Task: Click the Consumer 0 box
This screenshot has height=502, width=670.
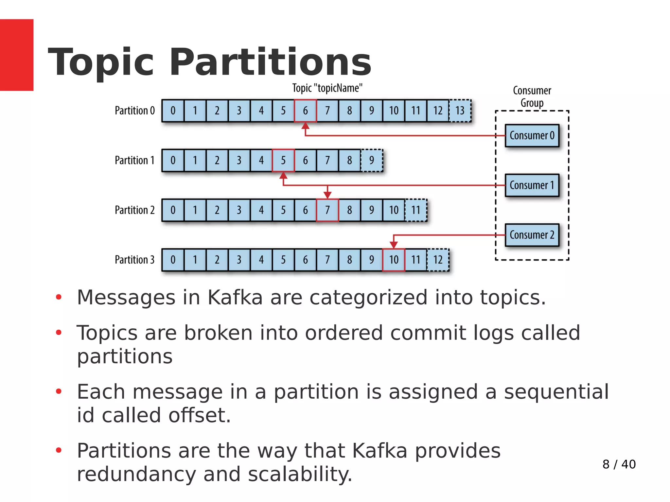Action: coord(532,135)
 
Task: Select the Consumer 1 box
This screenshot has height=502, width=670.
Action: coord(532,185)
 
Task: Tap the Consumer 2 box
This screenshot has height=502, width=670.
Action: coord(532,235)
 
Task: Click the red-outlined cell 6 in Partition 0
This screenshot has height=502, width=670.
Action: coord(305,111)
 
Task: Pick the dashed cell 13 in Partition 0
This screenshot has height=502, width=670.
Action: coord(460,111)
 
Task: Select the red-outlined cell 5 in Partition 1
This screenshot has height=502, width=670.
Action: coord(283,160)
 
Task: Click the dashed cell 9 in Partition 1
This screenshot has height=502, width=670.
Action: coord(372,160)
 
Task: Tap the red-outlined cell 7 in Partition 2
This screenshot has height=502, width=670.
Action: coord(327,210)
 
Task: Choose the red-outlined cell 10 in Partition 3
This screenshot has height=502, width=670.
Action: coord(394,260)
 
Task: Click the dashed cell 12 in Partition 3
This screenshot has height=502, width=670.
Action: coord(438,260)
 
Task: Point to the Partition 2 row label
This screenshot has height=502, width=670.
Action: coord(134,210)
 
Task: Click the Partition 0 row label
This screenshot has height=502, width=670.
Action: coord(134,111)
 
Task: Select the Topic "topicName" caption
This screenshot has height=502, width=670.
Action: coord(327,88)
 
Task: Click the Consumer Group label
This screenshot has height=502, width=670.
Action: coord(532,96)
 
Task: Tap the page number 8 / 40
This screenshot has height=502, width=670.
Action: coord(619,464)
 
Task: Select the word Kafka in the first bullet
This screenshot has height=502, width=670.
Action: coord(235,297)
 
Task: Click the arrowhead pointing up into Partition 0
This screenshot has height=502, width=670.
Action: coord(305,126)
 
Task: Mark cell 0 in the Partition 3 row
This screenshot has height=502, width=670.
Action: coord(173,260)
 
